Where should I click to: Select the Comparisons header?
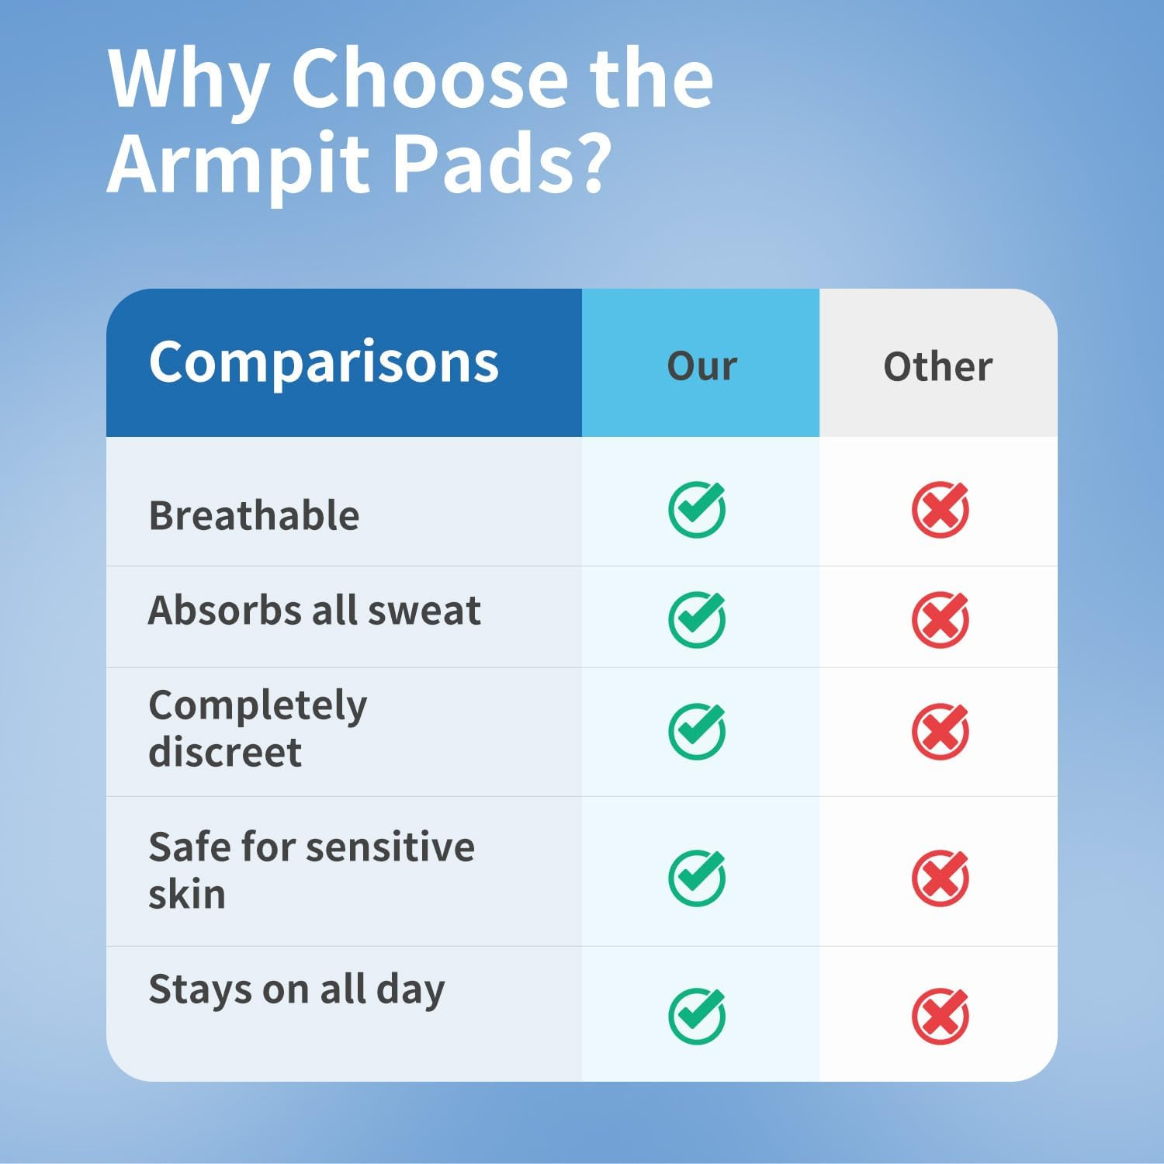[x=324, y=362]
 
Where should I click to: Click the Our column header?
[x=702, y=365]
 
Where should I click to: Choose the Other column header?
[x=937, y=365]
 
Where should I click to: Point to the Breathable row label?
[x=254, y=516]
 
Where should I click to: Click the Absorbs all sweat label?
[x=314, y=611]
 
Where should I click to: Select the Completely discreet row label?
[x=258, y=729]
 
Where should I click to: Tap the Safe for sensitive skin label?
[x=311, y=870]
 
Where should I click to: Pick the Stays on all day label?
[x=296, y=990]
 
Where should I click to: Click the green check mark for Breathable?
[x=697, y=510]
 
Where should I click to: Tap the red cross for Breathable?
[x=940, y=510]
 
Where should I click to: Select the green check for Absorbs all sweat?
[x=697, y=619]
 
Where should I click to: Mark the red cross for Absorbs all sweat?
[x=940, y=619]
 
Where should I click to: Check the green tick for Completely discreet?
[x=697, y=731]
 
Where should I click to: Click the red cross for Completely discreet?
[x=940, y=731]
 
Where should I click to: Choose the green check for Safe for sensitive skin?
[x=697, y=878]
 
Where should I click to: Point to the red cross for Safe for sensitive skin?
[x=940, y=878]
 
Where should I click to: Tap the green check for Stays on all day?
[x=697, y=1016]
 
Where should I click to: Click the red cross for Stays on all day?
[x=940, y=1016]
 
